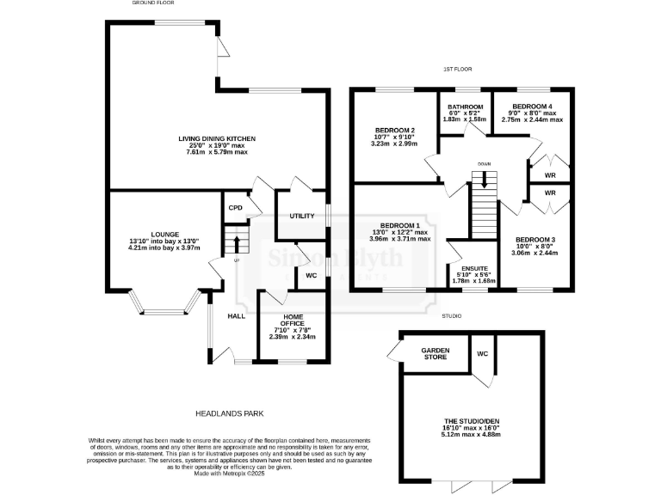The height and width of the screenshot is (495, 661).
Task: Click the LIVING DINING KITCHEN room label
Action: coord(217,138)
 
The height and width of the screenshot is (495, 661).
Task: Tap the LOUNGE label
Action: coord(164,234)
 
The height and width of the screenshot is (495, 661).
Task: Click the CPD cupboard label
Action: coord(234,208)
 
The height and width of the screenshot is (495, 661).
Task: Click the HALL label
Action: coord(237,316)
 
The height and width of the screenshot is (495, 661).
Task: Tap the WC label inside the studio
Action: coord(482,352)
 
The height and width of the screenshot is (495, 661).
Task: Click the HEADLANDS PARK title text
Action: coord(228,413)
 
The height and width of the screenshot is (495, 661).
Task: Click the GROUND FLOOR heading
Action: coord(153,3)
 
